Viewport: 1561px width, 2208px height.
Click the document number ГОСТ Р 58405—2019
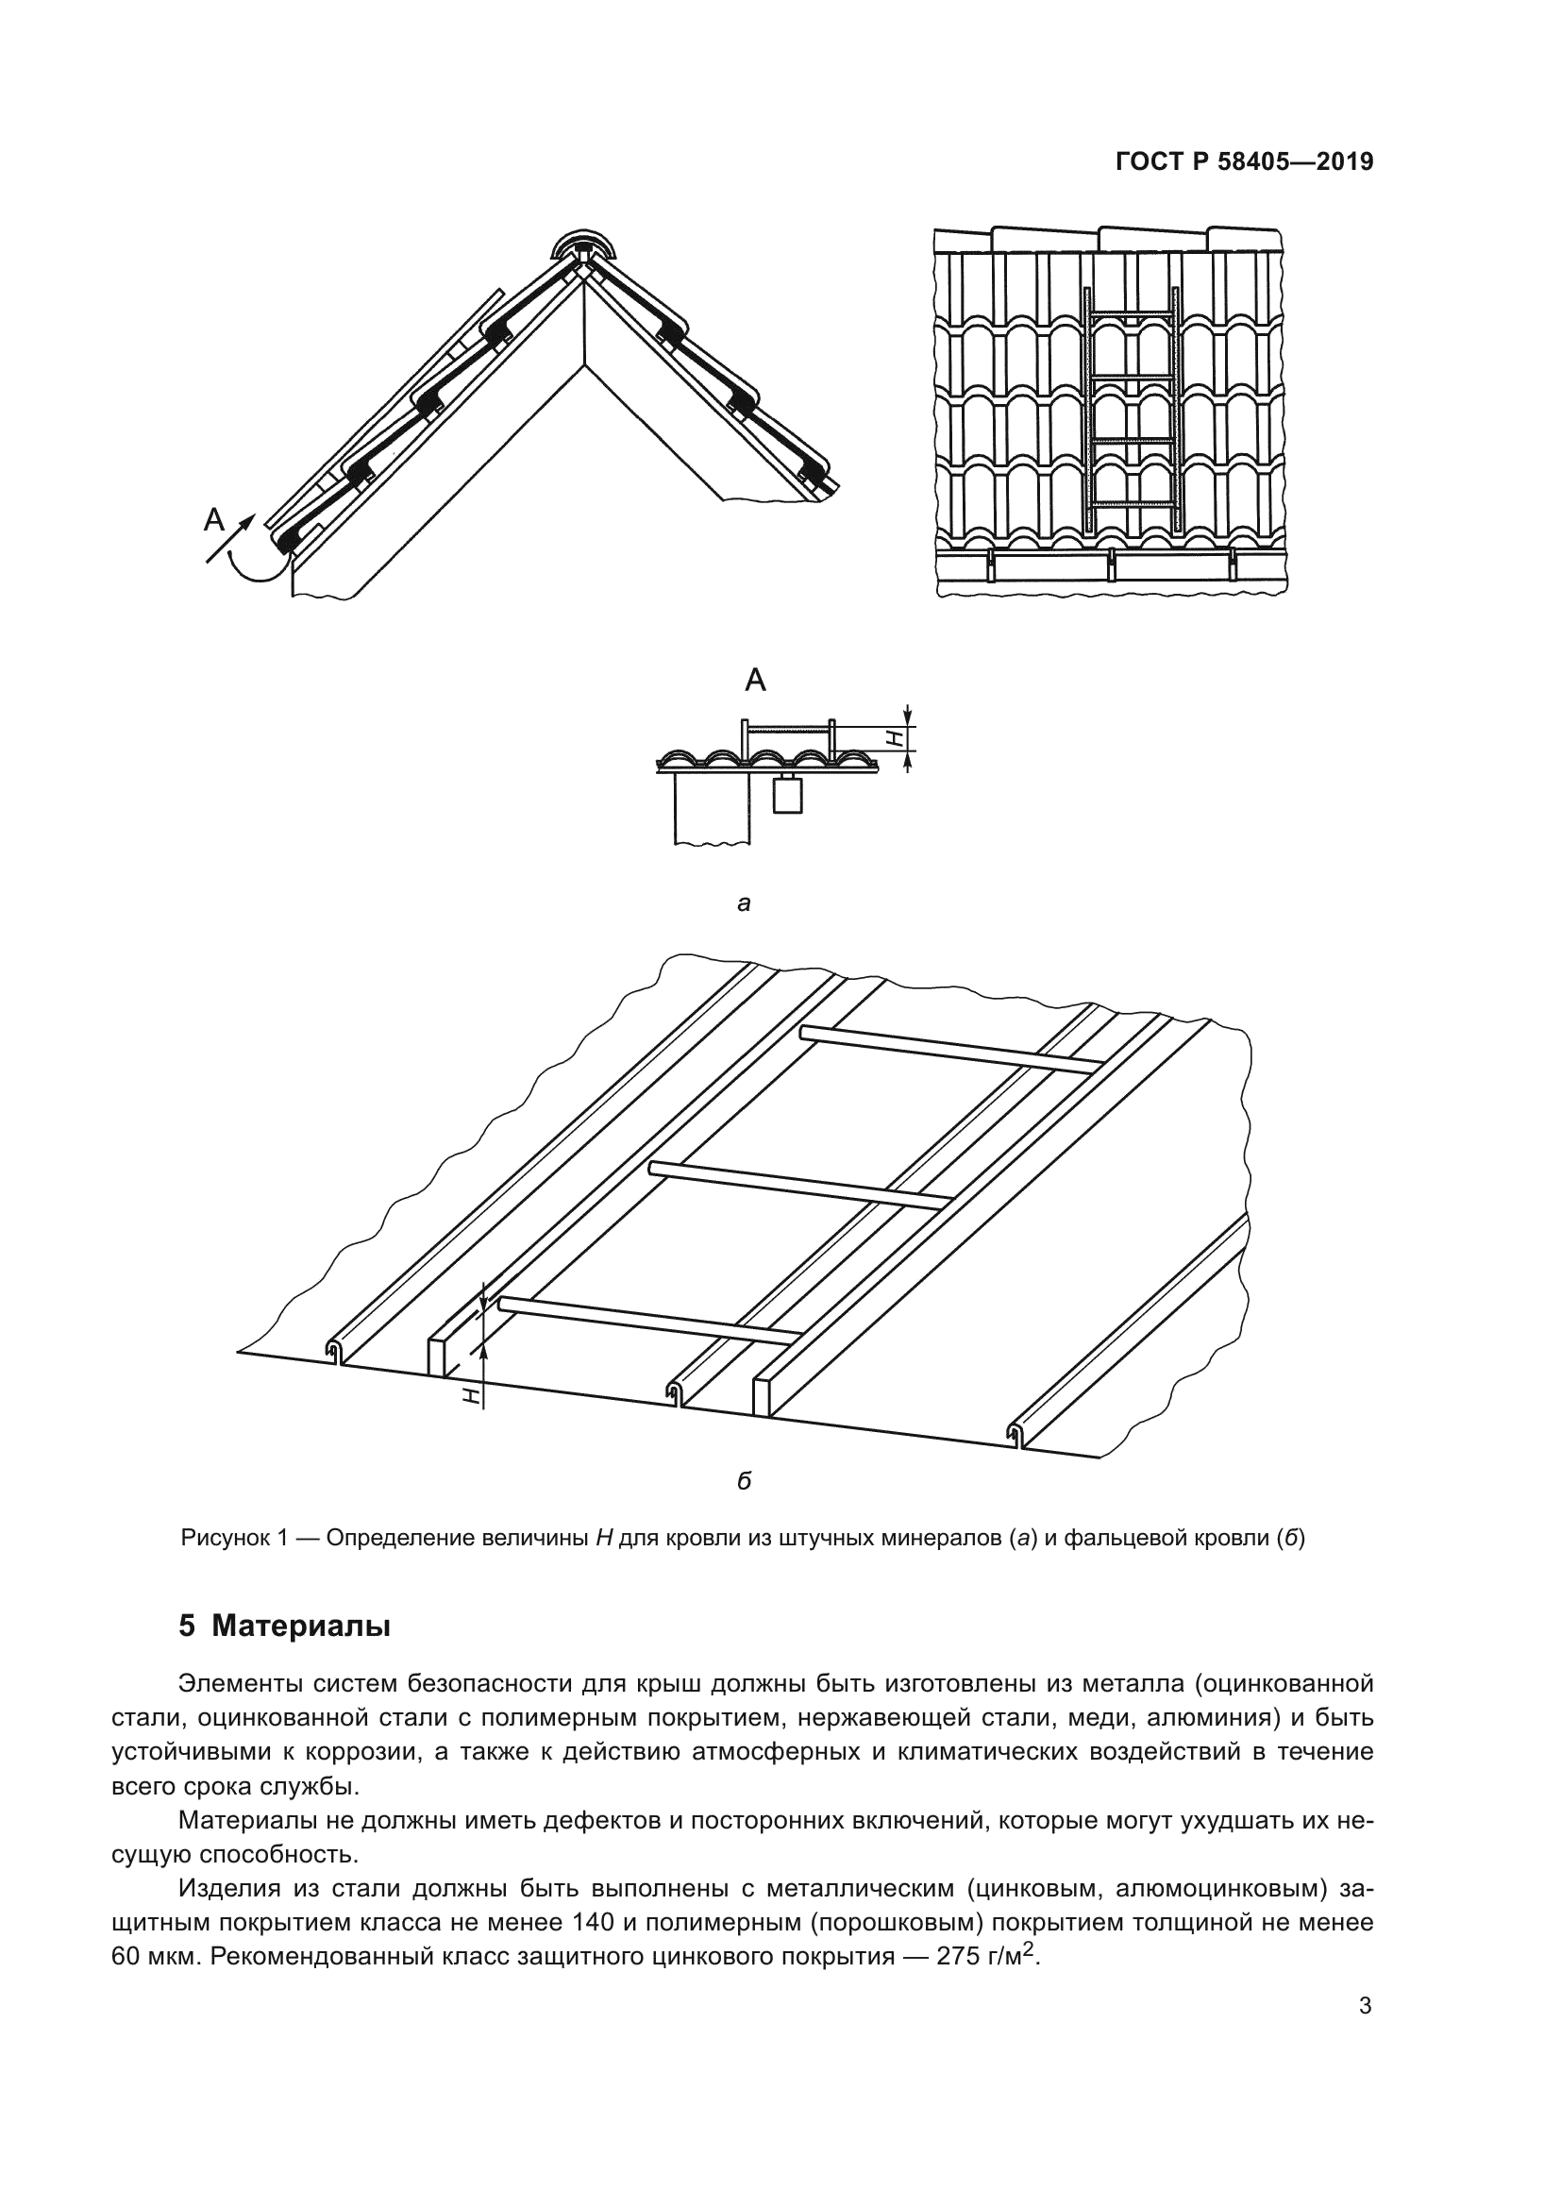point(1244,162)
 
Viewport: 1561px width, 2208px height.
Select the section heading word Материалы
point(301,1627)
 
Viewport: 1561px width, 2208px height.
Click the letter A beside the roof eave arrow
point(214,520)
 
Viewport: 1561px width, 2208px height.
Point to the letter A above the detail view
point(756,681)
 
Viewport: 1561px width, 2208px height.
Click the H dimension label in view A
point(894,737)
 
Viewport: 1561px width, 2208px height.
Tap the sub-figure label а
point(743,903)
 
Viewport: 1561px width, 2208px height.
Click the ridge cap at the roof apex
point(580,246)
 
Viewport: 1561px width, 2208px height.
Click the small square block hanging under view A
point(787,794)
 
